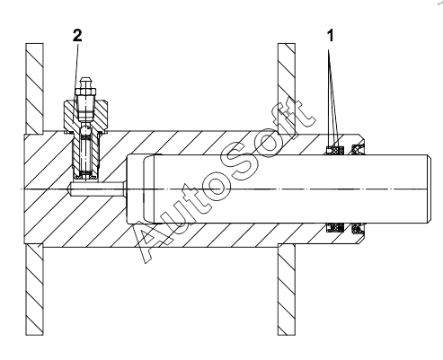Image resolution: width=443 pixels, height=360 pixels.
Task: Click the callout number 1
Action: click(330, 36)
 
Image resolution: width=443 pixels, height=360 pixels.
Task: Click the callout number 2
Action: click(77, 36)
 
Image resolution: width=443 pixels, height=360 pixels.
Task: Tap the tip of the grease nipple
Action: click(85, 81)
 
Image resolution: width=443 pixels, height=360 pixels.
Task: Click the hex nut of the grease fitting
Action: click(85, 92)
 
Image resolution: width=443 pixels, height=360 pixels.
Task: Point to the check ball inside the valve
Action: click(86, 129)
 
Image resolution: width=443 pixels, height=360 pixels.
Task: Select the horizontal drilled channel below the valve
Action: click(95, 189)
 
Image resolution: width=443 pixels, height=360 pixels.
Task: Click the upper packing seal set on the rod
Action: click(335, 150)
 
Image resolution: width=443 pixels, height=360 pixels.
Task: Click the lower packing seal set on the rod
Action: click(335, 227)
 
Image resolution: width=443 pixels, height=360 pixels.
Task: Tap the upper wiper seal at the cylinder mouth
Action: click(358, 149)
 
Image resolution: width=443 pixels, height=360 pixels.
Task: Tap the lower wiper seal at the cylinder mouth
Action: click(358, 228)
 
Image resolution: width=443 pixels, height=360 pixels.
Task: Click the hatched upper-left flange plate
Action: click(34, 89)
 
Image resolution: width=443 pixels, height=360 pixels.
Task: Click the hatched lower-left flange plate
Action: click(34, 289)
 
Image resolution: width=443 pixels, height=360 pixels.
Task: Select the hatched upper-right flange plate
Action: click(287, 89)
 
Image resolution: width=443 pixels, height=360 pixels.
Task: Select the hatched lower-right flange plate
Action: click(287, 289)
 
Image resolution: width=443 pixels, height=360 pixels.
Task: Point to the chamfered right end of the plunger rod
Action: click(429, 189)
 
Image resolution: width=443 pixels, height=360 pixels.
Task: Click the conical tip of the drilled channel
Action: click(68, 189)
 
